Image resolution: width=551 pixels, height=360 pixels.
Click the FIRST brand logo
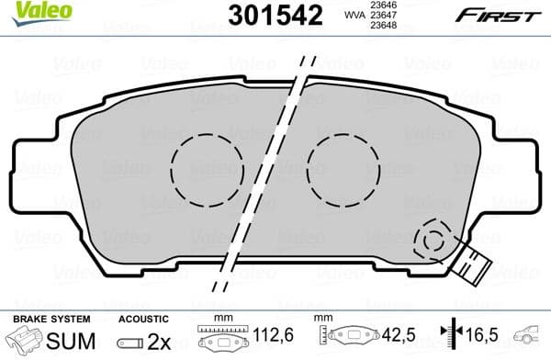506,14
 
